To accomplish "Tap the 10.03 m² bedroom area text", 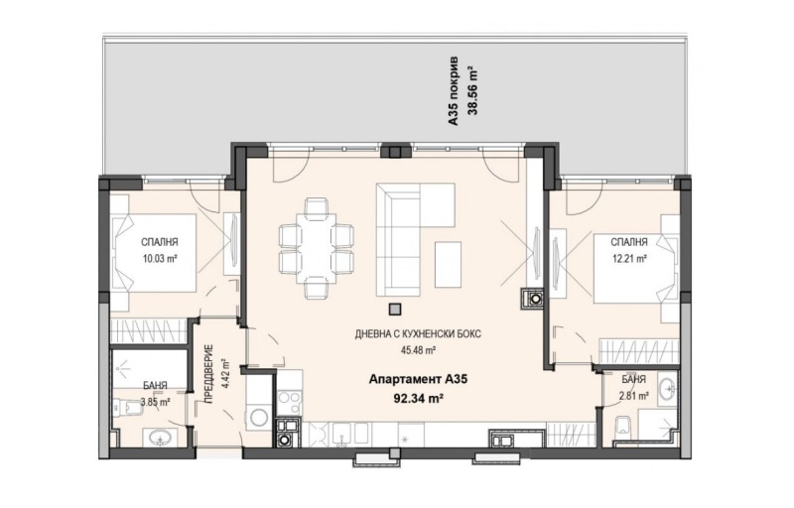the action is coord(159,259).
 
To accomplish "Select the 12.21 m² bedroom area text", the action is coord(629,259).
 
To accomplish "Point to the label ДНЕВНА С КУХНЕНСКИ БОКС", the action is coord(418,334).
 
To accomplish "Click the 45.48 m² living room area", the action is coord(417,349).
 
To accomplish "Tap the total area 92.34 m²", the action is coord(419,397).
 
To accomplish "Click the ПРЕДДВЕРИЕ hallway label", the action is coord(209,373).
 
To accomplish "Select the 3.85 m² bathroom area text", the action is coord(155,402).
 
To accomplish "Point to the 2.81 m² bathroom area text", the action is coord(634,396).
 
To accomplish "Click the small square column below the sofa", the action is coord(395,309).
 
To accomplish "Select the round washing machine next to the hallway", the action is coord(260,418).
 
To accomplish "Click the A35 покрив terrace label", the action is coord(454,90).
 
